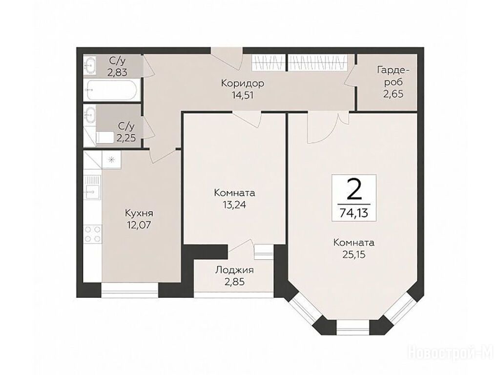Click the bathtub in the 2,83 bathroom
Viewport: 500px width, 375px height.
coord(112,90)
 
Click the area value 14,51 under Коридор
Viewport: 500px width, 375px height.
coord(243,95)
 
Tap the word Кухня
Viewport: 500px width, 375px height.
coord(139,213)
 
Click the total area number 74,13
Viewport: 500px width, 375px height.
coord(354,213)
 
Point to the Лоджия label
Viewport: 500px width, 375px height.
coord(234,271)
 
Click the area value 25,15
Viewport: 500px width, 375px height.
coord(354,254)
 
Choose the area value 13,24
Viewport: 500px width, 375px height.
coord(234,205)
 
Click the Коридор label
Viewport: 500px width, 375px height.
coord(243,83)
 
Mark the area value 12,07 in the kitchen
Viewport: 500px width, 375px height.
coord(139,225)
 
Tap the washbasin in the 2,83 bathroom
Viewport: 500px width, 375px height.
coord(90,65)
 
